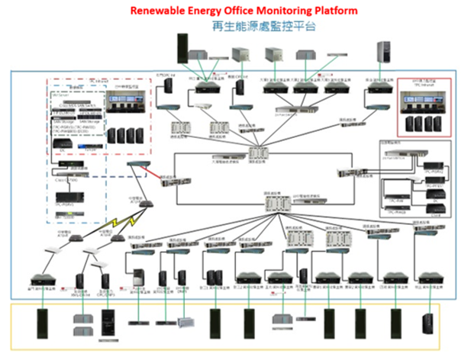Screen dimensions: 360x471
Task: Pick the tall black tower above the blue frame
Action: pyautogui.click(x=183, y=48)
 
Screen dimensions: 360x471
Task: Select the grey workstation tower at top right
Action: pyautogui.click(x=382, y=51)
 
